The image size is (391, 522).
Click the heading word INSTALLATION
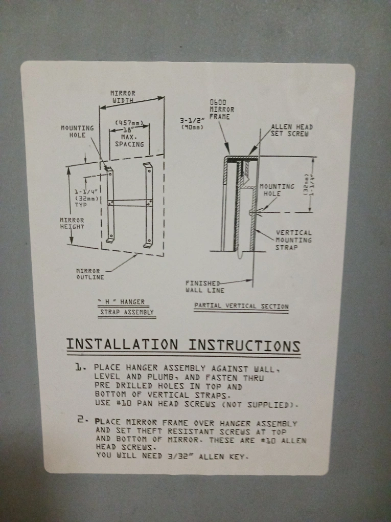pos(122,344)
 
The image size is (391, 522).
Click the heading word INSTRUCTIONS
pos(244,346)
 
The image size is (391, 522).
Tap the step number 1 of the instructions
pos(79,367)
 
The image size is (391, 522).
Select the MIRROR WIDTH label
pos(123,97)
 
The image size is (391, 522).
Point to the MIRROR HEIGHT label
pos(72,223)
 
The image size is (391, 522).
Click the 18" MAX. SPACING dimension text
pos(129,137)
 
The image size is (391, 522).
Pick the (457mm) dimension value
pos(129,123)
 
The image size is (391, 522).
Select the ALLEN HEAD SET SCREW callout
pos(291,130)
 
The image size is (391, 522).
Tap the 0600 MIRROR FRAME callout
pos(222,109)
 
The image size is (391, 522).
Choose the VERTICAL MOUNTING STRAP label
pos(293,240)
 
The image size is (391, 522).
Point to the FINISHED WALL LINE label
pos(205,287)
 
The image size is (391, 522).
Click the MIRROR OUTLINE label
pos(90,274)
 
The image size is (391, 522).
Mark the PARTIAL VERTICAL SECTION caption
pos(241,306)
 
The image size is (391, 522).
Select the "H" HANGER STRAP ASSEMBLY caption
pos(127,307)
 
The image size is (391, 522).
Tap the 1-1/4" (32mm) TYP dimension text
pos(86,198)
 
